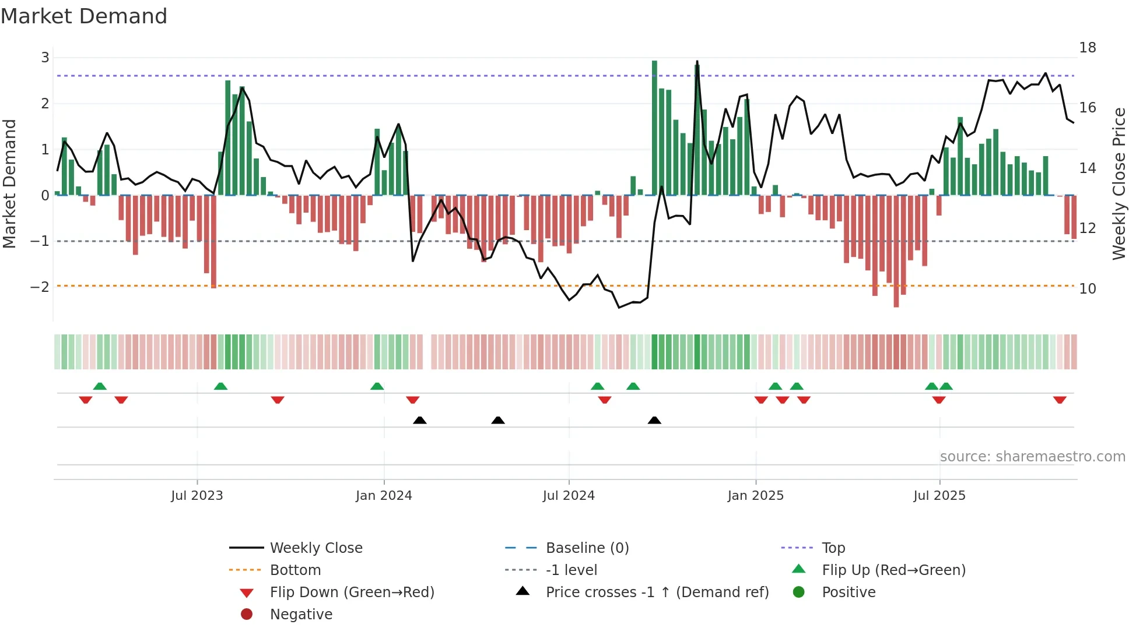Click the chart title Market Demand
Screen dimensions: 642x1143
[84, 16]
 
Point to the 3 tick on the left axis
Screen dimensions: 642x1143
[45, 58]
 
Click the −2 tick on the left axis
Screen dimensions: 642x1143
[40, 287]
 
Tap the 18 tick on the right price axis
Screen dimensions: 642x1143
[1087, 48]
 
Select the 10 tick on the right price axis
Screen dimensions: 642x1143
[1087, 288]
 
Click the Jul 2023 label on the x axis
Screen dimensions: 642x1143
[197, 496]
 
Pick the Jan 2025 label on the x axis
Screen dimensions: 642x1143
[755, 496]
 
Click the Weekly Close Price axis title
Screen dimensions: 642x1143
[1119, 184]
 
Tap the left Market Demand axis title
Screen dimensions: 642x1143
[10, 184]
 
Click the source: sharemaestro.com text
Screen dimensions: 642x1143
[1032, 457]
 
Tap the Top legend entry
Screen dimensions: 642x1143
[833, 548]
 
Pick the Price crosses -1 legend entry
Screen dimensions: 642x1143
[657, 592]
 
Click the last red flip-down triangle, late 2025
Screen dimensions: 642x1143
[1060, 400]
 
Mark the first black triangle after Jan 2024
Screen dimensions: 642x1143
[419, 420]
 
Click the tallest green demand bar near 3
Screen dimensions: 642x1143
[654, 128]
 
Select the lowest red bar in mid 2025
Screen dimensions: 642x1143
[896, 251]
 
